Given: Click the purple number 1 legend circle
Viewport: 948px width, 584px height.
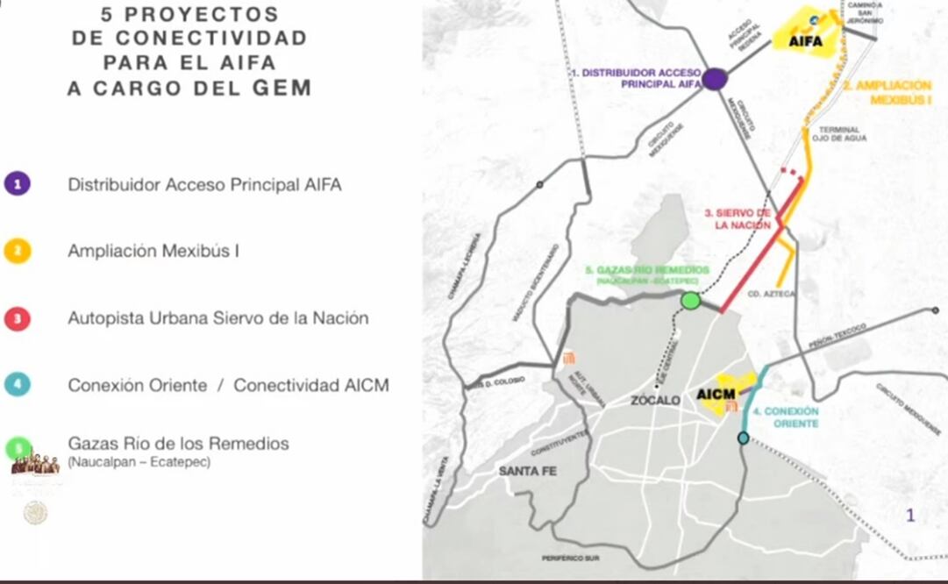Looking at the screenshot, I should click(x=18, y=184).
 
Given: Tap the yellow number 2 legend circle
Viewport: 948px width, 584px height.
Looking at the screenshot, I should click(x=18, y=251).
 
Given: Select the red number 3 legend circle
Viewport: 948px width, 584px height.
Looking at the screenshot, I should click(x=18, y=317).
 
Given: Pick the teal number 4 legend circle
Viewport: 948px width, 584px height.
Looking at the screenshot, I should click(x=18, y=384).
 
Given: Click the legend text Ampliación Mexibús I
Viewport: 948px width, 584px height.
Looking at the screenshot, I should click(x=153, y=251).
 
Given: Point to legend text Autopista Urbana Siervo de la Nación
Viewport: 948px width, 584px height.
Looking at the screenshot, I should click(x=217, y=317).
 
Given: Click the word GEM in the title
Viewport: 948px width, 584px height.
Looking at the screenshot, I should click(x=282, y=88).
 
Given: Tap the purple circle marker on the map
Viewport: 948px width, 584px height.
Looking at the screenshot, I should click(x=715, y=79).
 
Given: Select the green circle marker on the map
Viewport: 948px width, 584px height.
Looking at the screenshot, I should click(x=691, y=302).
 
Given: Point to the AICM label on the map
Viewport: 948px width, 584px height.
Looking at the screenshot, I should click(x=716, y=395).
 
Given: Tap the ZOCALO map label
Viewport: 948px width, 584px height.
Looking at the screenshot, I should click(x=656, y=400).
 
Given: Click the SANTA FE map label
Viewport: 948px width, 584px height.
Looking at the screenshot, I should click(x=528, y=471).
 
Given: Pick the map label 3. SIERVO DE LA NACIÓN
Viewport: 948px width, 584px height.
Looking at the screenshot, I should click(x=741, y=219).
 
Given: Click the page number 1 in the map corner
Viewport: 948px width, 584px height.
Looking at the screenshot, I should click(x=910, y=516).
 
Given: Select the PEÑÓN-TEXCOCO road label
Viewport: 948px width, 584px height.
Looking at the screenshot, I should click(x=839, y=336).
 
